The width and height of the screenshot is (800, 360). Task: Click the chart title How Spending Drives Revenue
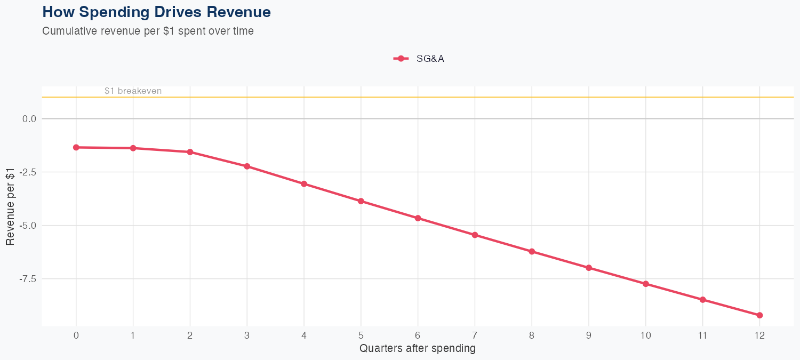156,12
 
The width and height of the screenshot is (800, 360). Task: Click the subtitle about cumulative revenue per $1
148,31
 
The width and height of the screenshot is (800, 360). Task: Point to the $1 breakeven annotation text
133,91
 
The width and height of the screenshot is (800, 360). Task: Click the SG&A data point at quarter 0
76,147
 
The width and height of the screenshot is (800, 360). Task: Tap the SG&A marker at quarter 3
247,166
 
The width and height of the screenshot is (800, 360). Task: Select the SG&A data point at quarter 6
418,218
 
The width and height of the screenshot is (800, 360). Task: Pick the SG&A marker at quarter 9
589,268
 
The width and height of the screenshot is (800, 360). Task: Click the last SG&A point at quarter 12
759,315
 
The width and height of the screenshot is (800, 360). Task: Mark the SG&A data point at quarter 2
190,152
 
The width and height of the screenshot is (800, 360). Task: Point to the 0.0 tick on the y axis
29,119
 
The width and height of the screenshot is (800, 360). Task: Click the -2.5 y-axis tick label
28,172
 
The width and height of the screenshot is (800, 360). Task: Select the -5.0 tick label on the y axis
28,226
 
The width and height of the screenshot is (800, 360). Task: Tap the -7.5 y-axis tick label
28,279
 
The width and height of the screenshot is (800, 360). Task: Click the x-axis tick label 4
304,335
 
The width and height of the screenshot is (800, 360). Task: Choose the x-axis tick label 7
475,335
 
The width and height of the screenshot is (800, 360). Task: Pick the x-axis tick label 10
645,335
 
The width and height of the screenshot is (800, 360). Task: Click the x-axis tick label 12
759,335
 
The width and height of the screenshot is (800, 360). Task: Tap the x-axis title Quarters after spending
418,349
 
